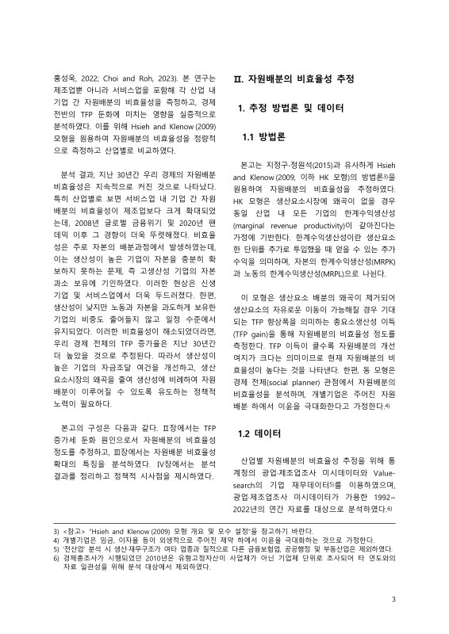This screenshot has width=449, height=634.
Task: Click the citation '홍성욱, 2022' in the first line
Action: point(75,79)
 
